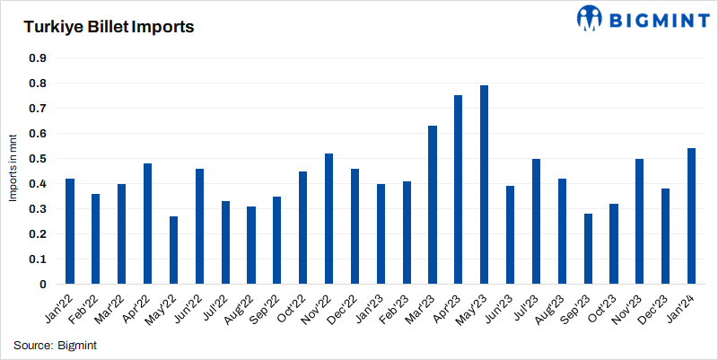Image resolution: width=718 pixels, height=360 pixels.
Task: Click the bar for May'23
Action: pos(484,185)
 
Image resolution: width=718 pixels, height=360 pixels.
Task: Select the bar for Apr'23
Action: pos(458,189)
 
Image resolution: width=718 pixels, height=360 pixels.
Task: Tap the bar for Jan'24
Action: pos(691,216)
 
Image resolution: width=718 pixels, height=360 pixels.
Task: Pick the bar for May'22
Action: pos(173,250)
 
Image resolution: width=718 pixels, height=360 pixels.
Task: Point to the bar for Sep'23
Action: pos(588,249)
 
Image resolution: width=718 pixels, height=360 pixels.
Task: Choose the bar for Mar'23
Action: pos(432,205)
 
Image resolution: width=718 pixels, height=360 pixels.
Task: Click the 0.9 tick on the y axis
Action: pos(39,58)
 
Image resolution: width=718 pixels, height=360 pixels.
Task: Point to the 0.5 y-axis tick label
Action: pos(39,159)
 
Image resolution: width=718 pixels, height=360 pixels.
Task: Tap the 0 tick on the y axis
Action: pos(43,285)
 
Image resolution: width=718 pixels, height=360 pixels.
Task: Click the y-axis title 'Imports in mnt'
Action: pos(14,171)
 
